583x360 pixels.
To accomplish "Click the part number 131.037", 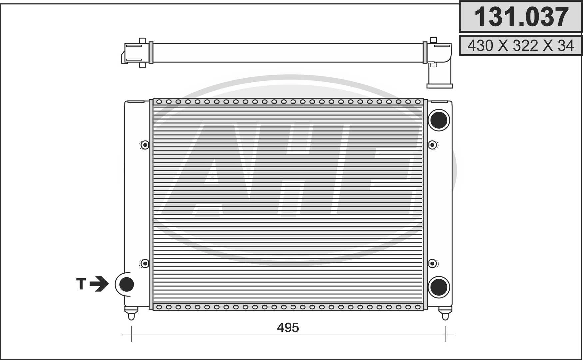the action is pyautogui.click(x=521, y=17).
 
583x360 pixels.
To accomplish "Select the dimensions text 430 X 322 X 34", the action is pyautogui.click(x=521, y=45).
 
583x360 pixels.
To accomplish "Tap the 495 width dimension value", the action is pyautogui.click(x=288, y=328).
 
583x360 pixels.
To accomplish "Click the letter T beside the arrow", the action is pyautogui.click(x=81, y=284).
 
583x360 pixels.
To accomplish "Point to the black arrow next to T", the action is pyautogui.click(x=99, y=284).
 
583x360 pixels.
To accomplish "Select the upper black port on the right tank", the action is pyautogui.click(x=439, y=120).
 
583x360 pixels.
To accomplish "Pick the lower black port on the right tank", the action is pyautogui.click(x=439, y=287).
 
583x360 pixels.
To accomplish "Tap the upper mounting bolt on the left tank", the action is pyautogui.click(x=144, y=145).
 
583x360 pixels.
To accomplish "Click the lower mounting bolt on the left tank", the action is pyautogui.click(x=144, y=263).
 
